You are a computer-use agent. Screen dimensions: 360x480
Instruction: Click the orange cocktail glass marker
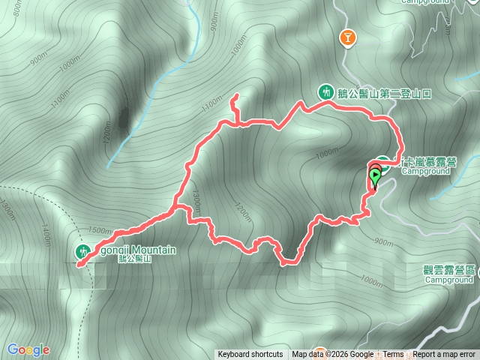click(347, 37)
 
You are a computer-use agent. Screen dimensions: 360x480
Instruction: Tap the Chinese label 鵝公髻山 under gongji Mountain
click(135, 259)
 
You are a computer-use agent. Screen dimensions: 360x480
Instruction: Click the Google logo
click(28, 349)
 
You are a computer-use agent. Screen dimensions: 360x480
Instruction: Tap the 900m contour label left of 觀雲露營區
click(382, 242)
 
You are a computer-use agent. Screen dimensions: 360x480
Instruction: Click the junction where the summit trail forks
click(177, 207)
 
